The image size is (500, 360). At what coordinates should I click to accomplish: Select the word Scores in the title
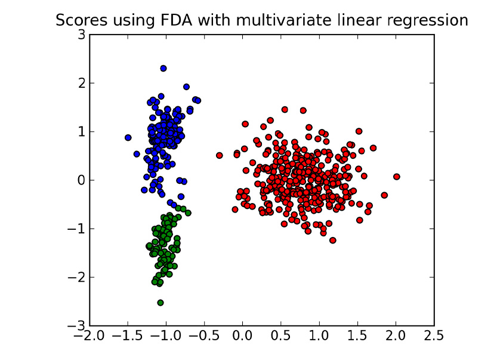79,20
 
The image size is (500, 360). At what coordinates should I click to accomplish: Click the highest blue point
163,69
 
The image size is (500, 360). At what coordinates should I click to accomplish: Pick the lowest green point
161,303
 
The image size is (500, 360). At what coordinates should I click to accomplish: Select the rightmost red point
396,177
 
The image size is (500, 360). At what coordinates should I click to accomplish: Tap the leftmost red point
219,155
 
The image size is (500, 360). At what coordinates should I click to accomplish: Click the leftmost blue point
128,137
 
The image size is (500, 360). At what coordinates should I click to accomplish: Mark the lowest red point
332,240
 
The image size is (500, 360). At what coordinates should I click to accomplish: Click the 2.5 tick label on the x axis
434,337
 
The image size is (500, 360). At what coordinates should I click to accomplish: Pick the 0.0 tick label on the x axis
243,337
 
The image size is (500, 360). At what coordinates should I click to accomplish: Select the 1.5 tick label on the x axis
358,337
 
